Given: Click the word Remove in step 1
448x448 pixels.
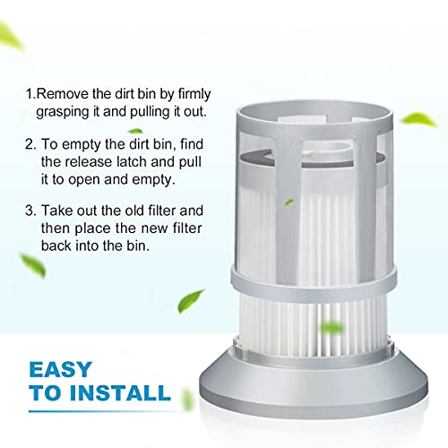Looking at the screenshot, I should (x=65, y=93).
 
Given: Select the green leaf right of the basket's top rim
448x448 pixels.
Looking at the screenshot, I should (x=418, y=119).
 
